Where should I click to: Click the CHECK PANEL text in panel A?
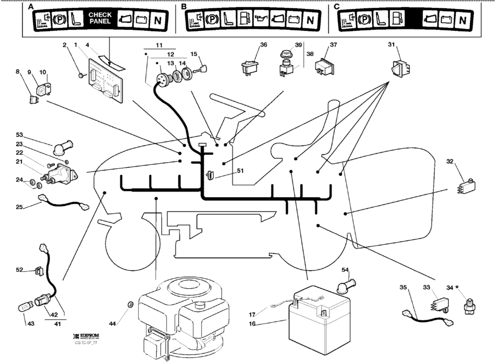pos(100,18)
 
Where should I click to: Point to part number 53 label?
pos(19,135)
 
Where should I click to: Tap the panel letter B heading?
pos(184,7)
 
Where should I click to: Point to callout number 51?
pos(225,171)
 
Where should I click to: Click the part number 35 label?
pos(404,287)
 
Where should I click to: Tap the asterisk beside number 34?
pos(457,288)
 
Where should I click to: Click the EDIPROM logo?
pos(87,338)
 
